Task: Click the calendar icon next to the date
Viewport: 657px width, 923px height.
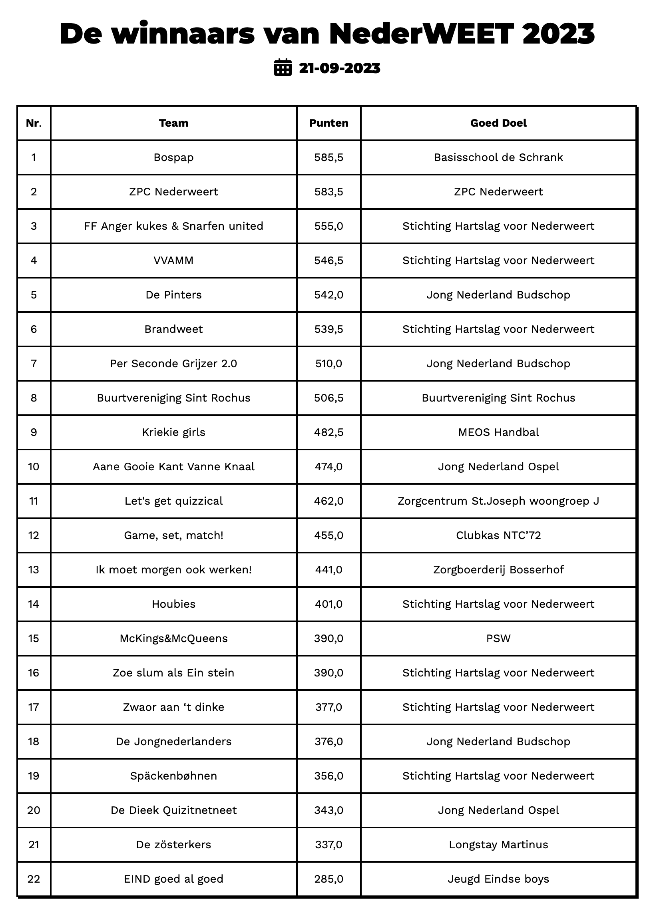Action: (x=283, y=68)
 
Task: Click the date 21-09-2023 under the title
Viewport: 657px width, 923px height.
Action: (x=339, y=68)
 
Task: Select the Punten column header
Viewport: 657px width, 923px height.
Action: (x=328, y=123)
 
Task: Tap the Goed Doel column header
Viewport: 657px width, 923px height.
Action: (x=498, y=123)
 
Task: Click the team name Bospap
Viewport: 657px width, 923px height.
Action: (x=173, y=157)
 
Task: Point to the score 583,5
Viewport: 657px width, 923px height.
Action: (x=328, y=192)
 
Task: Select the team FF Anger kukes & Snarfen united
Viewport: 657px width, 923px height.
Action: (x=173, y=226)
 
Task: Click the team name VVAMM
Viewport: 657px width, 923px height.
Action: (x=173, y=261)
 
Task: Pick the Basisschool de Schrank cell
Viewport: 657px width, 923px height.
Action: (x=498, y=157)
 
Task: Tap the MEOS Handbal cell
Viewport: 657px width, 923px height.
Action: (x=498, y=432)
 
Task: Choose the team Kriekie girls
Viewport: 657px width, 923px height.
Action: (x=173, y=432)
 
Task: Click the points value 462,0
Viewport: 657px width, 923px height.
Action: (x=328, y=501)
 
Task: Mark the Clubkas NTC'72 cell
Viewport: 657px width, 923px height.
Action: (x=498, y=535)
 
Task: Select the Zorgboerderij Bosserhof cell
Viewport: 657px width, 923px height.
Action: (x=498, y=570)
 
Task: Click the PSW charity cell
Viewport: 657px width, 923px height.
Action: (x=498, y=639)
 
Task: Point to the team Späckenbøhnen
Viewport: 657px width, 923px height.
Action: (x=173, y=776)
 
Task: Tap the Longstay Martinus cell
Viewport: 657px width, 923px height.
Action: (x=498, y=845)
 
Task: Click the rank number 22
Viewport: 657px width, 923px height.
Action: (x=34, y=879)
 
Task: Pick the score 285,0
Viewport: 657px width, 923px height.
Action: (x=328, y=879)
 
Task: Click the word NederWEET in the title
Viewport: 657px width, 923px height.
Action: (x=421, y=34)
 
